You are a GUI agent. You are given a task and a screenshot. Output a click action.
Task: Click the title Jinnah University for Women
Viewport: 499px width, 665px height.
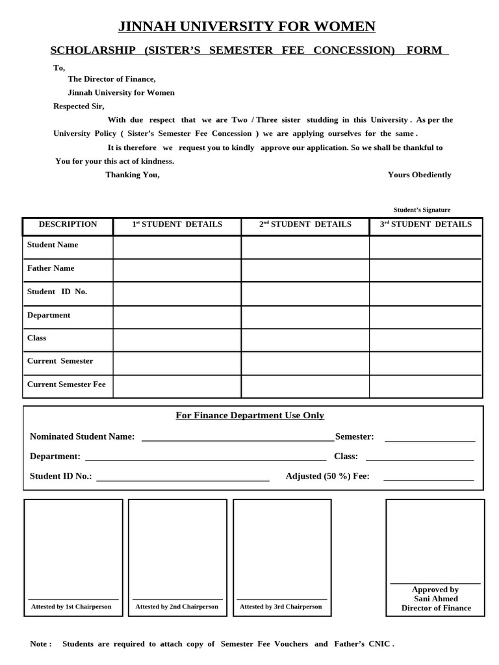tap(246, 27)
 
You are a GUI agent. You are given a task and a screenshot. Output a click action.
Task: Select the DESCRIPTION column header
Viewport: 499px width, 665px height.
tap(68, 225)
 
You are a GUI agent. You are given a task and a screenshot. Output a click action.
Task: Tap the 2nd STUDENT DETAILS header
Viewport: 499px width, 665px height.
tap(305, 225)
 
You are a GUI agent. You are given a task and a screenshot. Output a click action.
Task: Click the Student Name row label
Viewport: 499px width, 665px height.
tap(53, 245)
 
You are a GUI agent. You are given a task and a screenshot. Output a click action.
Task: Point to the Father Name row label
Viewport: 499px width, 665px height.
tap(51, 268)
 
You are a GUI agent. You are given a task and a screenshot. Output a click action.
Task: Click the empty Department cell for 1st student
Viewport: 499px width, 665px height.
tap(177, 317)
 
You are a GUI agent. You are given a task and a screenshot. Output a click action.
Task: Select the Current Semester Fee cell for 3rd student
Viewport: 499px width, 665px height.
tap(426, 386)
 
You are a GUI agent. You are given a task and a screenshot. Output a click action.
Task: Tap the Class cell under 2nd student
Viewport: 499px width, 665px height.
tap(305, 340)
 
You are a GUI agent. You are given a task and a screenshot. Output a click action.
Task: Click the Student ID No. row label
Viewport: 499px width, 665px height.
tap(57, 292)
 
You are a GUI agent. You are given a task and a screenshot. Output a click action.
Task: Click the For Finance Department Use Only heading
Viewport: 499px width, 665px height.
tap(249, 416)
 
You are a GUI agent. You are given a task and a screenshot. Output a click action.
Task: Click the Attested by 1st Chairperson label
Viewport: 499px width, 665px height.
tap(71, 607)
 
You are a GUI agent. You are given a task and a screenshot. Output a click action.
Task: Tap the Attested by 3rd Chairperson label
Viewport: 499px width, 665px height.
tap(281, 607)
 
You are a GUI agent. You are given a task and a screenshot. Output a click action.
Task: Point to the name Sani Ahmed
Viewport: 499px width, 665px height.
tap(435, 599)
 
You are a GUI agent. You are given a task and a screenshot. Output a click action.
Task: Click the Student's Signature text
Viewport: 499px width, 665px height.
tap(422, 210)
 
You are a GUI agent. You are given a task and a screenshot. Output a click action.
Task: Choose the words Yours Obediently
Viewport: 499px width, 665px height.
tap(419, 175)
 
